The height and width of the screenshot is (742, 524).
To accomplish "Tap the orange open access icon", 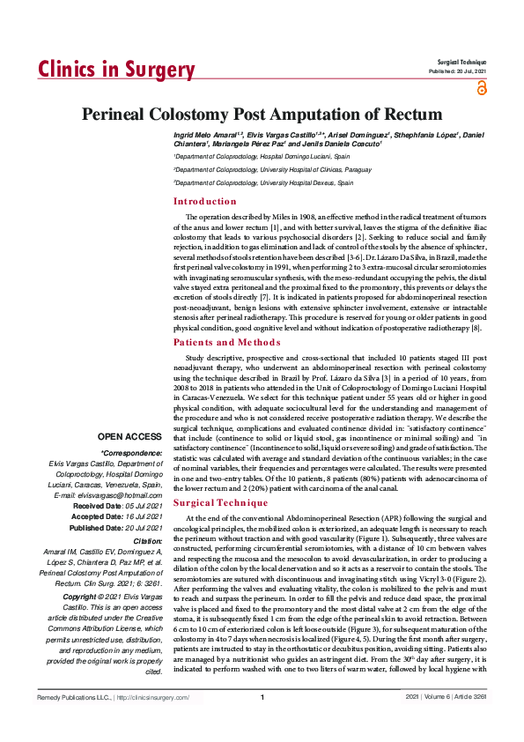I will point(481,87).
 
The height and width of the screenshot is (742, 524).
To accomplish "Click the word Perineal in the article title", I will point(122,115).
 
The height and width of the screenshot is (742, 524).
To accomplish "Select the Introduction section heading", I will point(205,202).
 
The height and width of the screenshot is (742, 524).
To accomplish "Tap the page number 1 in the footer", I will point(262,723).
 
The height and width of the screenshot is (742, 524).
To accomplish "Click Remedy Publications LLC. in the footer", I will point(72,723).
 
